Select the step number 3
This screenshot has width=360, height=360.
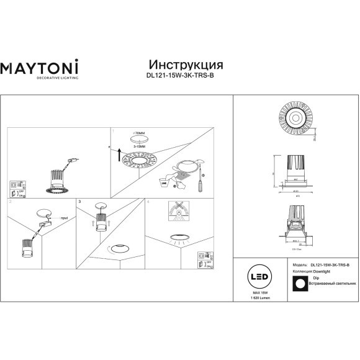pos(80,202)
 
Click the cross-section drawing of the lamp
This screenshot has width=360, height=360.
pos(294,229)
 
